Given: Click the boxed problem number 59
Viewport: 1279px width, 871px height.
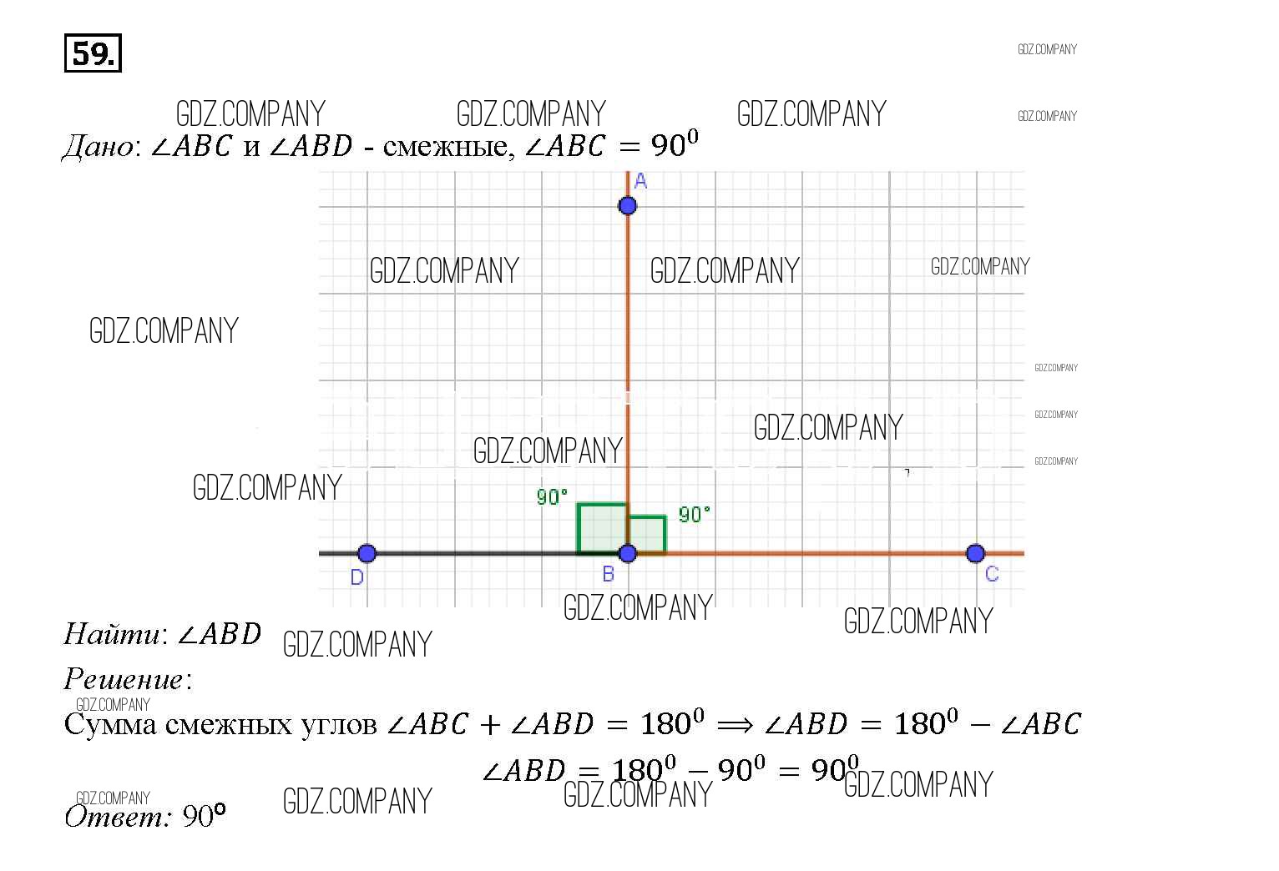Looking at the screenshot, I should tap(93, 53).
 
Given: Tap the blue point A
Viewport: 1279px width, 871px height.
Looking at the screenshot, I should tap(627, 205).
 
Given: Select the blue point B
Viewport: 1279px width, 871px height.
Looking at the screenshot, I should tap(628, 553).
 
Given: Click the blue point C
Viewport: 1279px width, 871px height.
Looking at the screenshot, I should tap(975, 553).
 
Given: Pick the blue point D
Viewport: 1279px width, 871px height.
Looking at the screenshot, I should tap(367, 553).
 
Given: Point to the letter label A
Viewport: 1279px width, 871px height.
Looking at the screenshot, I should tap(640, 181).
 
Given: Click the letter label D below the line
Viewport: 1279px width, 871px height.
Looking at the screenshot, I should tap(357, 577).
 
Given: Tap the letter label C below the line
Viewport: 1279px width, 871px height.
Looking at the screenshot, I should tap(992, 574).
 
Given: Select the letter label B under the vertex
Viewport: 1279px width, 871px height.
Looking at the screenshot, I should tap(609, 574).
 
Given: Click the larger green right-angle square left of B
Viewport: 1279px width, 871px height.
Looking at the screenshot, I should tap(601, 528).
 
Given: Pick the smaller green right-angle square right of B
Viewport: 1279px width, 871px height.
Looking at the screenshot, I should tap(647, 535).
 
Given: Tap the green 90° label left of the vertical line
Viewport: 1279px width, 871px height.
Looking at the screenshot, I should tap(552, 497).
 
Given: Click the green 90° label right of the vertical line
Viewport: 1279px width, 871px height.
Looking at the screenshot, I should tap(695, 514).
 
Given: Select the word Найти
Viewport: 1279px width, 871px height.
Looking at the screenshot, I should tap(113, 635).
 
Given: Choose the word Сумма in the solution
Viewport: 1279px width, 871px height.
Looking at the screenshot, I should tap(109, 724).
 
